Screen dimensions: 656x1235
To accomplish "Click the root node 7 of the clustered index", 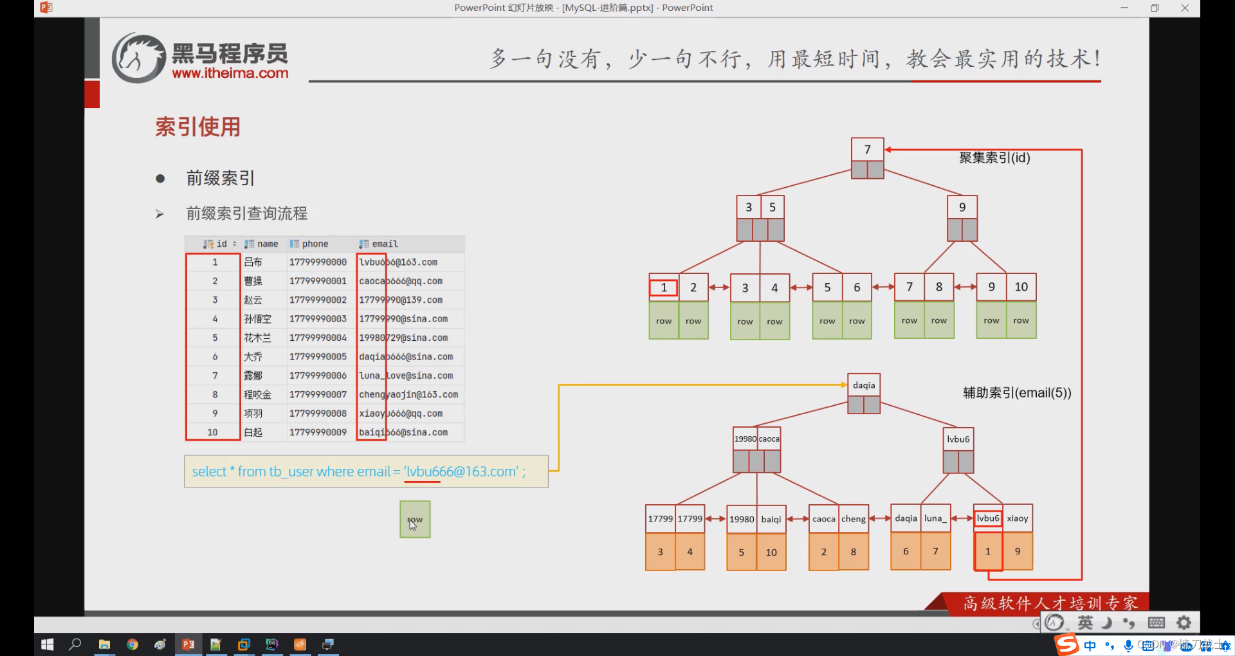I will [867, 150].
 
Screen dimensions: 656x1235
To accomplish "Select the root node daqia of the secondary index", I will [864, 385].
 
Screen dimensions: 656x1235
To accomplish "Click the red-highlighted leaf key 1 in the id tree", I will [664, 287].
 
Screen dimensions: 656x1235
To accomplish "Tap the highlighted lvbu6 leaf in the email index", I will [988, 518].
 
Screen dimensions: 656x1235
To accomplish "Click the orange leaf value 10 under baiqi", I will [771, 552].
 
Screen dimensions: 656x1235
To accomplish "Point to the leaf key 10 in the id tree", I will [1021, 287].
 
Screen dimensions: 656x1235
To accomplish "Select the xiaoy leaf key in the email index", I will [1018, 518].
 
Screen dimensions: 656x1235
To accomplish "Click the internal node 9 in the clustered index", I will [962, 207].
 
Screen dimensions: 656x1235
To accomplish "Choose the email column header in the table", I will [385, 244].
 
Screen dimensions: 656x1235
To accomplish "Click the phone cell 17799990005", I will [318, 357].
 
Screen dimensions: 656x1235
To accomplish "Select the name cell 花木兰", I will [257, 338].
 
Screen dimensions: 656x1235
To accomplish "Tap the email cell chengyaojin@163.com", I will [408, 395].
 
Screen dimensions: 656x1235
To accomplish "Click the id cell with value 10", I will [212, 432].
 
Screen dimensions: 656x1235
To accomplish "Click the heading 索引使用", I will [197, 127].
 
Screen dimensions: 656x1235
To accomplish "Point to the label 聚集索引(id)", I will [994, 158].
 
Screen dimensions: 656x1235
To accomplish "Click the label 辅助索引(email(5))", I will [1017, 393].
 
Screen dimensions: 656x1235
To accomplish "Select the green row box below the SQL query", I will [415, 520].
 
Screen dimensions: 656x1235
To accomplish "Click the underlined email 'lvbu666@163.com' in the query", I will [462, 471].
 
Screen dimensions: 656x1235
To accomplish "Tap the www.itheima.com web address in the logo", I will [230, 73].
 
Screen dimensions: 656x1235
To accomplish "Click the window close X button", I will [1185, 8].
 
